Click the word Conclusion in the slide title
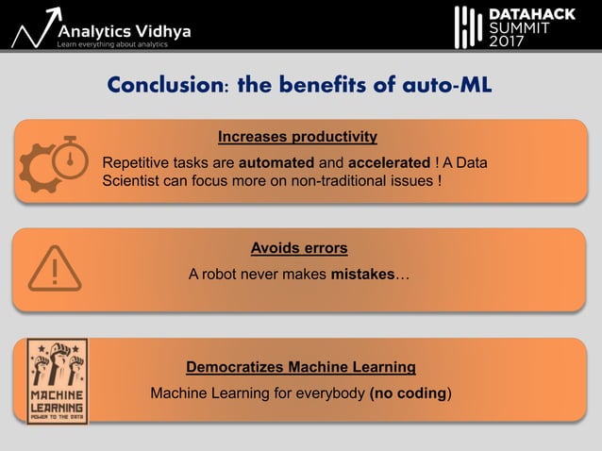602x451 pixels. point(165,85)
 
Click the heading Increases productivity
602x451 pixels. point(297,137)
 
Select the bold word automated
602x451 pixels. point(276,161)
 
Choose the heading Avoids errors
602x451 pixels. point(299,248)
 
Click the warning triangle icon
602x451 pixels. point(55,268)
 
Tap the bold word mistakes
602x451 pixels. point(362,275)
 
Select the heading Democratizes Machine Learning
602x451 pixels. point(301,366)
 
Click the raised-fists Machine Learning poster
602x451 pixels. point(57,380)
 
